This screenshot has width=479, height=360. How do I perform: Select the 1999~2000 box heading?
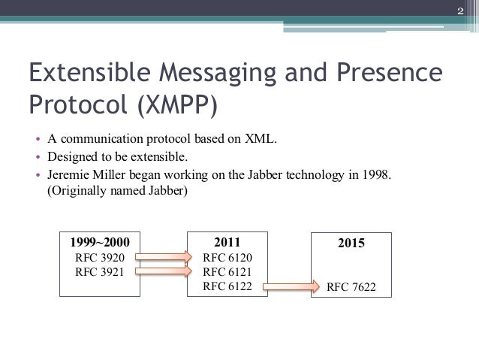pyautogui.click(x=100, y=243)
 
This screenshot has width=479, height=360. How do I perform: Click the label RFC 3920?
pyautogui.click(x=100, y=258)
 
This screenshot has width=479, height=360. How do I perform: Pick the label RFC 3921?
pyautogui.click(x=100, y=271)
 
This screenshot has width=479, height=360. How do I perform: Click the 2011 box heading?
pyautogui.click(x=227, y=243)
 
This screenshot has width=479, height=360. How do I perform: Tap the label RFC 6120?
pyautogui.click(x=227, y=258)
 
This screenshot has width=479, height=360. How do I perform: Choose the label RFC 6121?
pyautogui.click(x=227, y=271)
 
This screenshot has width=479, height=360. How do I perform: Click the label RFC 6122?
pyautogui.click(x=227, y=286)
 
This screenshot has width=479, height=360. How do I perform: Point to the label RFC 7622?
pyautogui.click(x=352, y=286)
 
